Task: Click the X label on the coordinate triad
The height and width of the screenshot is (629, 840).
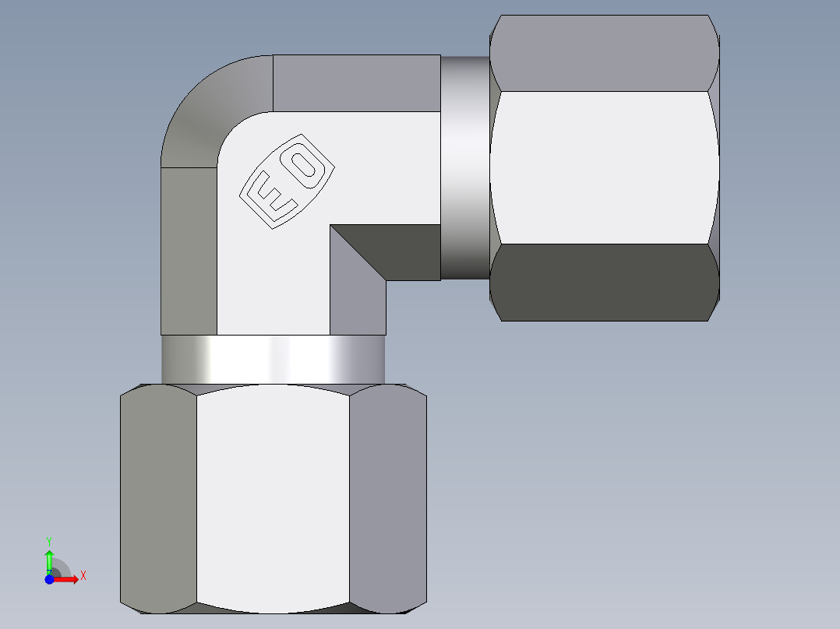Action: [83, 575]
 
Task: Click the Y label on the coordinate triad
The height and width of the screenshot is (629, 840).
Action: [48, 540]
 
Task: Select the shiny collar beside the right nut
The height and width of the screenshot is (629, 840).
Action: [464, 167]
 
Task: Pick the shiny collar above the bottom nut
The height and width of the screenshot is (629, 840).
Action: [273, 359]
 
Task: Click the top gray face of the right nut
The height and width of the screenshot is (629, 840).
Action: [604, 53]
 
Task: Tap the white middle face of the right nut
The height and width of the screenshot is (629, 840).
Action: [604, 167]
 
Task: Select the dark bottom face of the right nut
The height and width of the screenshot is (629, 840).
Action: [604, 282]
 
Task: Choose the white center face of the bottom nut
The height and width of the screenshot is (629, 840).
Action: [273, 498]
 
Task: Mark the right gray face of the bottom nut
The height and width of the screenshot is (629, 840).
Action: [387, 498]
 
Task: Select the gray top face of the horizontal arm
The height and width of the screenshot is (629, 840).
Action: [356, 83]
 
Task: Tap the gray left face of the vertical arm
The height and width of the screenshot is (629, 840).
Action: [189, 249]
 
